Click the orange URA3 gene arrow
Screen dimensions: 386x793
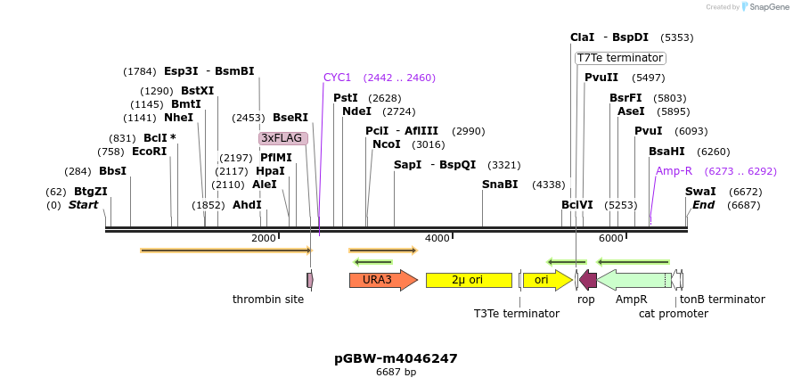tap(382, 280)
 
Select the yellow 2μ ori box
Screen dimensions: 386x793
tap(469, 280)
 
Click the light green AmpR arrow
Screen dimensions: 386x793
tap(634, 280)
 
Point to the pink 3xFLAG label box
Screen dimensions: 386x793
tap(282, 138)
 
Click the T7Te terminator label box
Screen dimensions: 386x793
tap(620, 58)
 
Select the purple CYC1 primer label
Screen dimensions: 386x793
tap(338, 78)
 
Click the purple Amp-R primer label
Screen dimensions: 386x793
tap(674, 171)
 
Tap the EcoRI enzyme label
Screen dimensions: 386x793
tap(149, 152)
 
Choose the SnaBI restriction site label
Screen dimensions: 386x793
tap(500, 185)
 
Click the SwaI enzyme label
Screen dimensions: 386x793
tap(700, 192)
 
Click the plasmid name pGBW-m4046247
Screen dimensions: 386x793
tap(396, 358)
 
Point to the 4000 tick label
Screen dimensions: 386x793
tap(437, 238)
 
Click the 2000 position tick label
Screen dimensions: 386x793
tap(263, 238)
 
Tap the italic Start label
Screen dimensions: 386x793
tap(83, 205)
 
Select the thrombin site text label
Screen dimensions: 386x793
tap(268, 300)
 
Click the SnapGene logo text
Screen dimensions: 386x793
tap(765, 7)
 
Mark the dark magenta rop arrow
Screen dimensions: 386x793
tap(588, 280)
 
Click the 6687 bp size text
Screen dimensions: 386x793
tap(396, 373)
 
